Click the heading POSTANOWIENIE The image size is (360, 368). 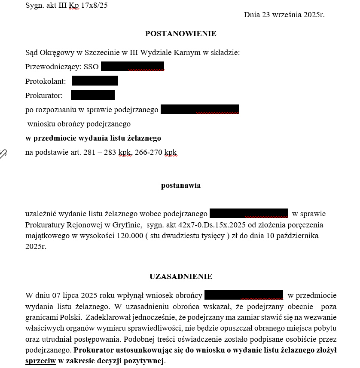point(180,34)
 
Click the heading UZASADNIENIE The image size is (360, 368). point(180,276)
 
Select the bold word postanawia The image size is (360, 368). point(180,186)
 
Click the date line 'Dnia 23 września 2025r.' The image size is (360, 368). point(284,15)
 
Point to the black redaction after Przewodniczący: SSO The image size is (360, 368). point(132,67)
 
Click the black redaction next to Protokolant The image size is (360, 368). point(95,81)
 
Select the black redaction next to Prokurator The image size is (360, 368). point(92,95)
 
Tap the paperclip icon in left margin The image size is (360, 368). point(3,153)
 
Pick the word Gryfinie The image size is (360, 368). point(128,225)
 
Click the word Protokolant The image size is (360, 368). point(46,81)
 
